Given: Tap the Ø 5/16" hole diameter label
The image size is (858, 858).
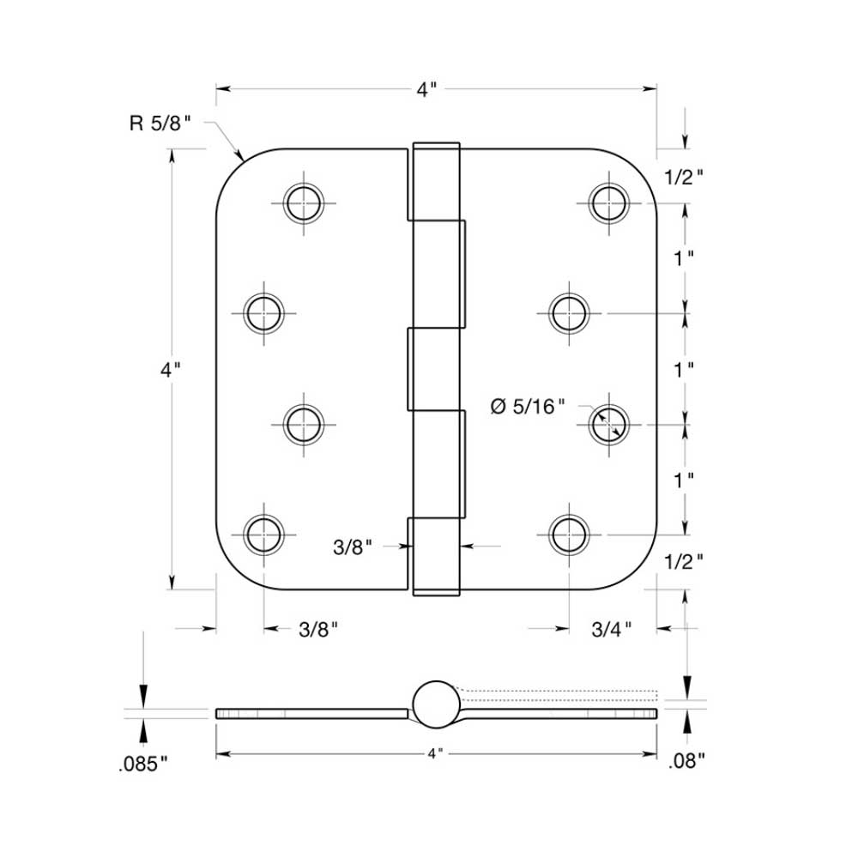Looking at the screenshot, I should pos(528,407).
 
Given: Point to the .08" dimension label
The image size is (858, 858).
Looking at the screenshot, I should pos(686,758).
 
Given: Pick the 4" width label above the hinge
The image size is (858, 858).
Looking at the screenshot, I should pos(427,88).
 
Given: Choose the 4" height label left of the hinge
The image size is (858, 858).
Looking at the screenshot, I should pos(172,370).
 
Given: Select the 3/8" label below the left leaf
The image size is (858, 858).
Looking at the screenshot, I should pos(318,630).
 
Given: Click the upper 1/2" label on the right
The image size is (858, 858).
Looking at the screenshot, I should pos(684,176).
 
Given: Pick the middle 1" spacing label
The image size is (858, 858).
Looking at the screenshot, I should pos(684,370).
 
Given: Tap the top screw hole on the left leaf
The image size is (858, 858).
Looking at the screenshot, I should pos(303,204).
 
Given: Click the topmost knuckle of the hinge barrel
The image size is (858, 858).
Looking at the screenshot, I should pos(436,181).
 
